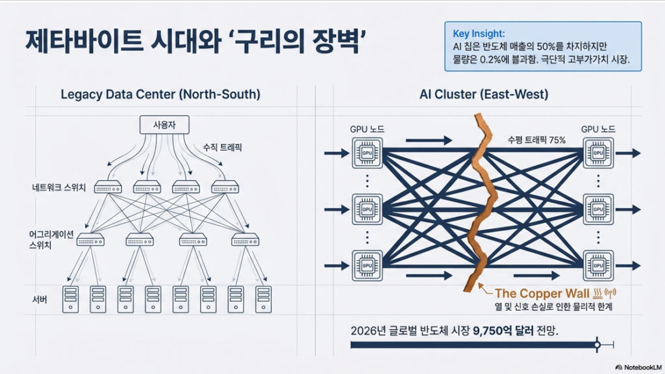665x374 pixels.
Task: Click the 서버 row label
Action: (40, 299)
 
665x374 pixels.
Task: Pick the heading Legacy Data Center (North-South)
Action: (160, 94)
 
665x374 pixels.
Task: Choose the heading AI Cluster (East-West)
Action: (484, 94)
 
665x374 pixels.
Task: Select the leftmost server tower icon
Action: (70, 299)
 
